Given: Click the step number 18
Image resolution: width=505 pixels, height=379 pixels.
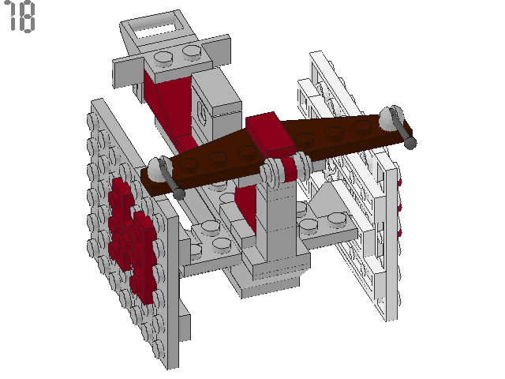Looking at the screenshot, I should [21, 17].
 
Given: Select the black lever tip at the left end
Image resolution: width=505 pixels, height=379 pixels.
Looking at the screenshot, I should [181, 193].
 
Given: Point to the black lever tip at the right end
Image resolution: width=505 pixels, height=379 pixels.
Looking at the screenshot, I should [410, 143].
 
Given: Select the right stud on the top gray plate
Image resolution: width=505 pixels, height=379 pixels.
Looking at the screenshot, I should [192, 53].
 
